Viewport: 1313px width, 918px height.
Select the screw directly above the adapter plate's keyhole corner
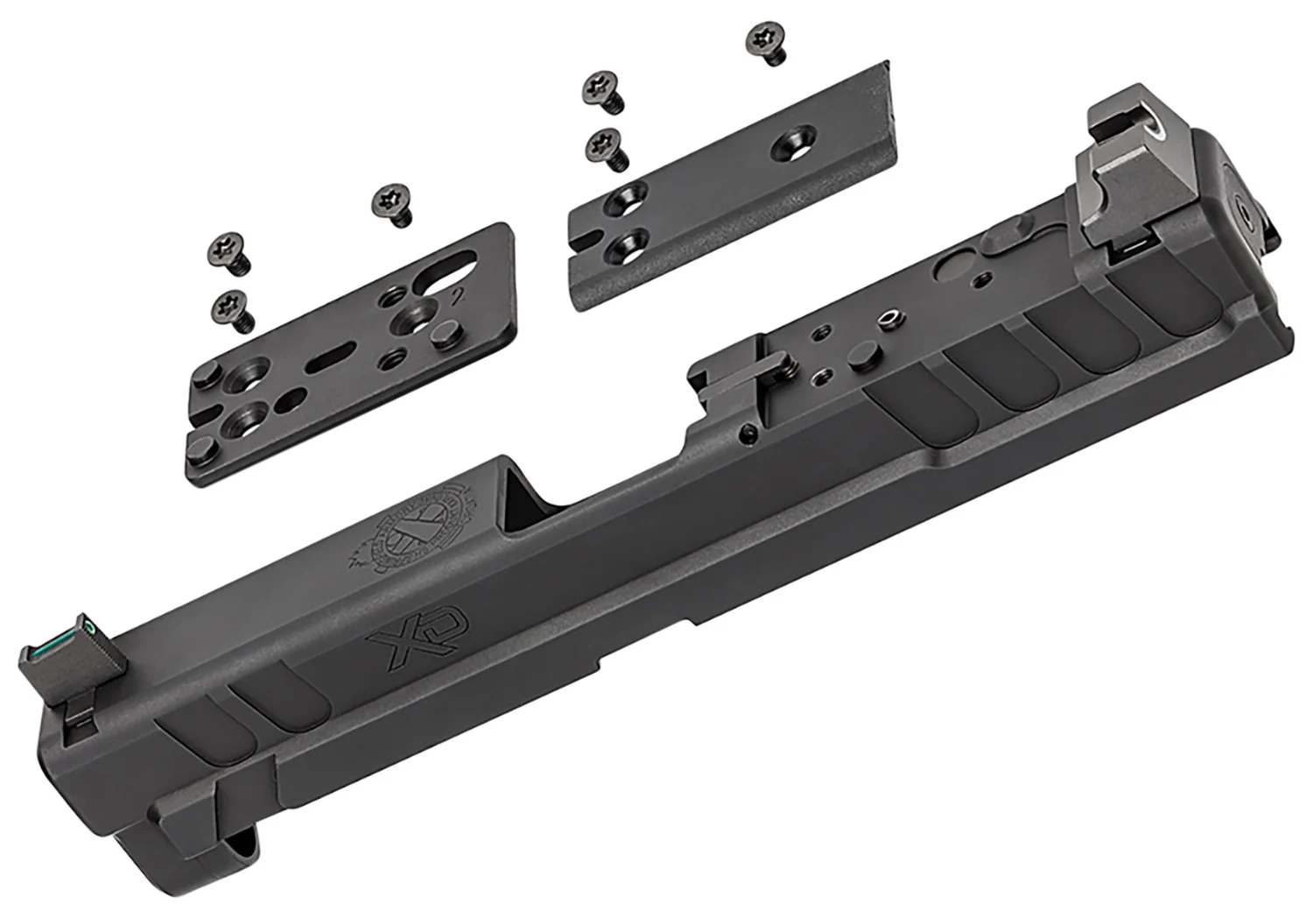pyautogui.click(x=391, y=203)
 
